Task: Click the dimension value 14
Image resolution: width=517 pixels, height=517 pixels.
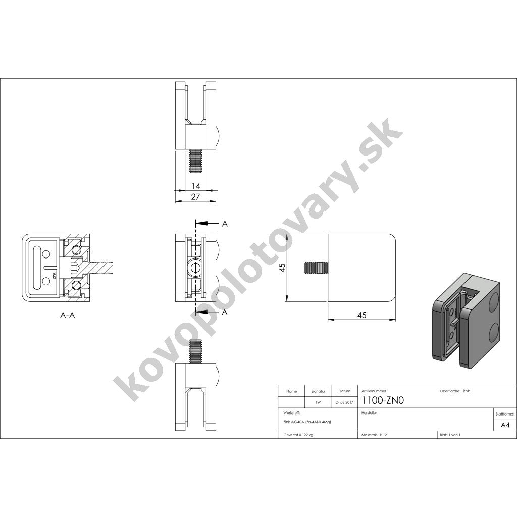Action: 195,186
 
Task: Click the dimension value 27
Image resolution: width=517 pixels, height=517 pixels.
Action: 195,197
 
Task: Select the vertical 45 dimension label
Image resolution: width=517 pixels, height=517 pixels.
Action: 282,267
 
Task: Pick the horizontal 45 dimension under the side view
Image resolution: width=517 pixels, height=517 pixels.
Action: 361,315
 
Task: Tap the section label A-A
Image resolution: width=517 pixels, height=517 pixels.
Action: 68,315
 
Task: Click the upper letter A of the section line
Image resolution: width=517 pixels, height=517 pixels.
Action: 225,224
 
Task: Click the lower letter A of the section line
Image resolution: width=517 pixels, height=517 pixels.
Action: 225,312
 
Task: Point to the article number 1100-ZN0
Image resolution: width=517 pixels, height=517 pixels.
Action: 383,400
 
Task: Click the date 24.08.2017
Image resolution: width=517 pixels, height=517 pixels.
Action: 344,402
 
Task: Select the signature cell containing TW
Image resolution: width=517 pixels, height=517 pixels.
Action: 318,402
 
